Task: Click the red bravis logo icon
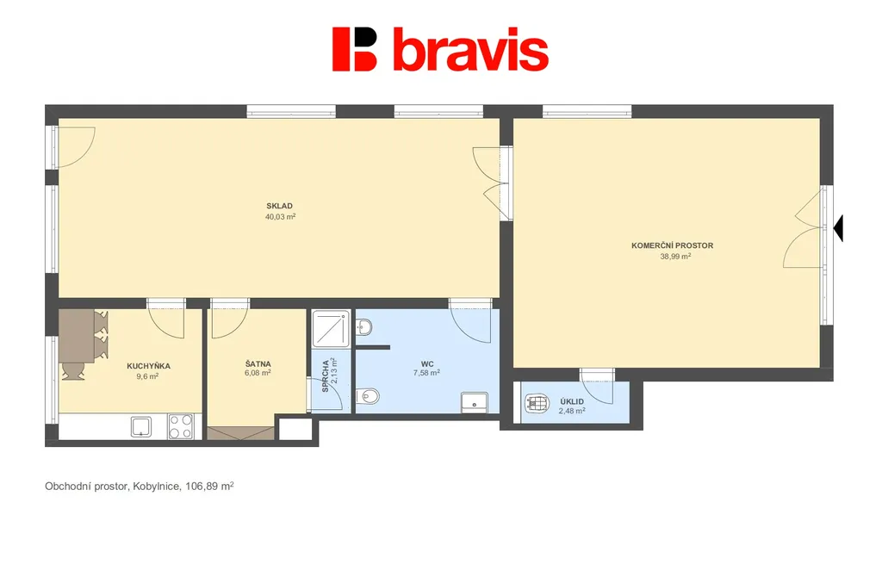(x=354, y=49)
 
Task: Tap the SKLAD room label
(x=280, y=206)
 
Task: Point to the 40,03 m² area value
(x=280, y=216)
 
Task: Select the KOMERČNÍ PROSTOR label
(x=672, y=245)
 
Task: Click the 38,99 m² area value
(x=675, y=257)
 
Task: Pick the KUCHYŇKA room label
(x=148, y=366)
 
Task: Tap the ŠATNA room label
(x=258, y=363)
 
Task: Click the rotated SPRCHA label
(x=325, y=376)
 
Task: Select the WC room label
(x=427, y=363)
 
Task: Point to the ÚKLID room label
(x=572, y=401)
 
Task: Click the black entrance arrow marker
(x=838, y=227)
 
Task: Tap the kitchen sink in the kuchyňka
(x=140, y=427)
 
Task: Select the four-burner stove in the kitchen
(x=181, y=427)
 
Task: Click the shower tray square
(x=332, y=328)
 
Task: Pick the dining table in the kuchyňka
(x=77, y=336)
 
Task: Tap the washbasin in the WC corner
(x=475, y=402)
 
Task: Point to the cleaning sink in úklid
(x=537, y=403)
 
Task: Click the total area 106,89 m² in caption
(x=209, y=486)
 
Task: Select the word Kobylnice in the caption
(x=157, y=487)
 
